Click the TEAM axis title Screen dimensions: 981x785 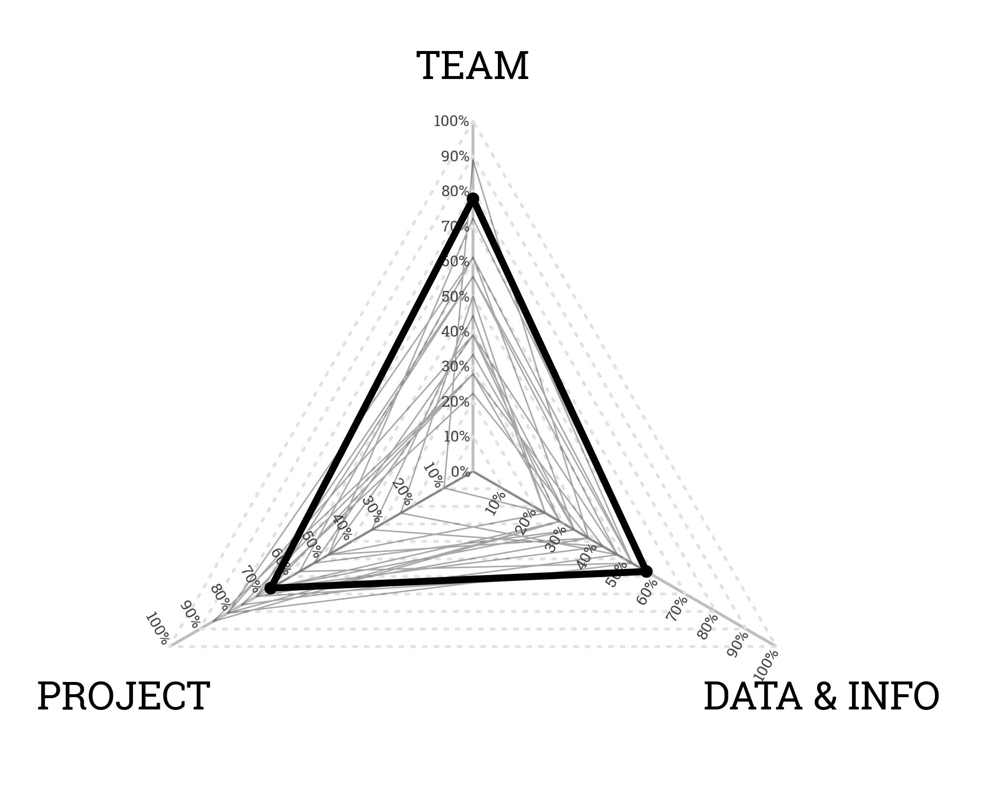(x=472, y=66)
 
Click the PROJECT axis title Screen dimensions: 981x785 (x=124, y=696)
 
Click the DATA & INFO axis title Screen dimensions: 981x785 (x=821, y=696)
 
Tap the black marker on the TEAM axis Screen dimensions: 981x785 (x=473, y=199)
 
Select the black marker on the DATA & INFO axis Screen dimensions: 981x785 (x=646, y=571)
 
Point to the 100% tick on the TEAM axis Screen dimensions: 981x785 (x=451, y=121)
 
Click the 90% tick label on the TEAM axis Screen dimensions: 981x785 (x=455, y=157)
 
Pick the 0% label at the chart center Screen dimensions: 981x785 (x=460, y=472)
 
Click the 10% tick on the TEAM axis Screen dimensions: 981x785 (x=456, y=437)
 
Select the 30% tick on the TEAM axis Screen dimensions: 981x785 (x=455, y=366)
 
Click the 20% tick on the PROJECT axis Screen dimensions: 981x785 (x=402, y=492)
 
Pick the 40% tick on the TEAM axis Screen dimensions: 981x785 (x=455, y=332)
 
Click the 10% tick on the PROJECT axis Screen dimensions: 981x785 (x=433, y=474)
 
